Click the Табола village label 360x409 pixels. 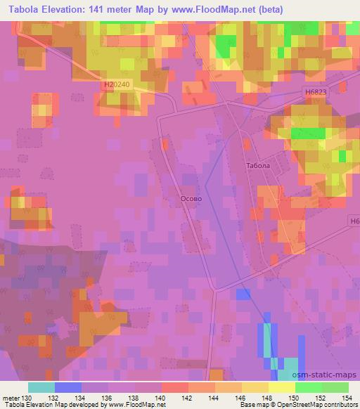tap(258, 167)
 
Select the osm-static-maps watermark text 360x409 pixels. tap(330, 375)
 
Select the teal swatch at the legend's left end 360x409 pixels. tap(41, 387)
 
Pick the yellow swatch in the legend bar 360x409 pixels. tap(281, 387)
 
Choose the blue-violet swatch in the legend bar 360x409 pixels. tap(68, 387)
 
